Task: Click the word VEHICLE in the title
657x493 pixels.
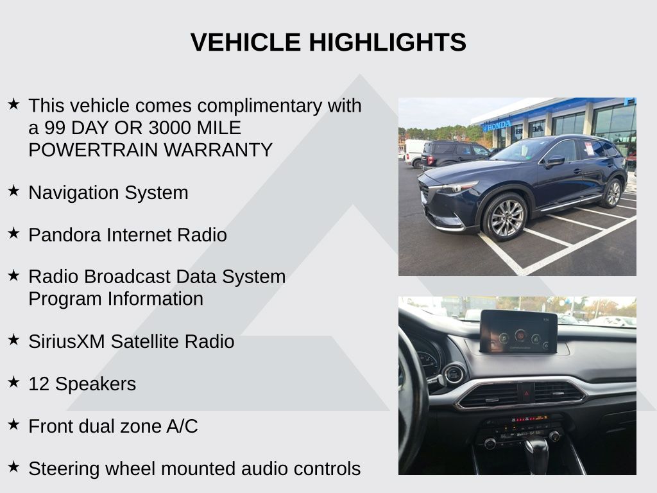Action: tap(246, 42)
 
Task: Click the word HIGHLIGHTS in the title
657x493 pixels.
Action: tap(388, 42)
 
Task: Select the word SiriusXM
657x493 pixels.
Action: tap(66, 342)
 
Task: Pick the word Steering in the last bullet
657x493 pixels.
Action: tap(64, 469)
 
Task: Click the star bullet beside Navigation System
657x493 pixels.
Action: tap(14, 191)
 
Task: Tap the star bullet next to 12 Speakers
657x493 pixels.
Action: tap(14, 382)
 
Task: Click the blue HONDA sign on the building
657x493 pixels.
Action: tap(497, 125)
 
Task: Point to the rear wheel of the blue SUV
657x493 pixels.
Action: tap(613, 193)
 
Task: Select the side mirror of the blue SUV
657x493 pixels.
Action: tap(555, 160)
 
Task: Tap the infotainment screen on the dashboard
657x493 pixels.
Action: tap(518, 332)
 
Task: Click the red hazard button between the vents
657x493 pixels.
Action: tap(525, 394)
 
